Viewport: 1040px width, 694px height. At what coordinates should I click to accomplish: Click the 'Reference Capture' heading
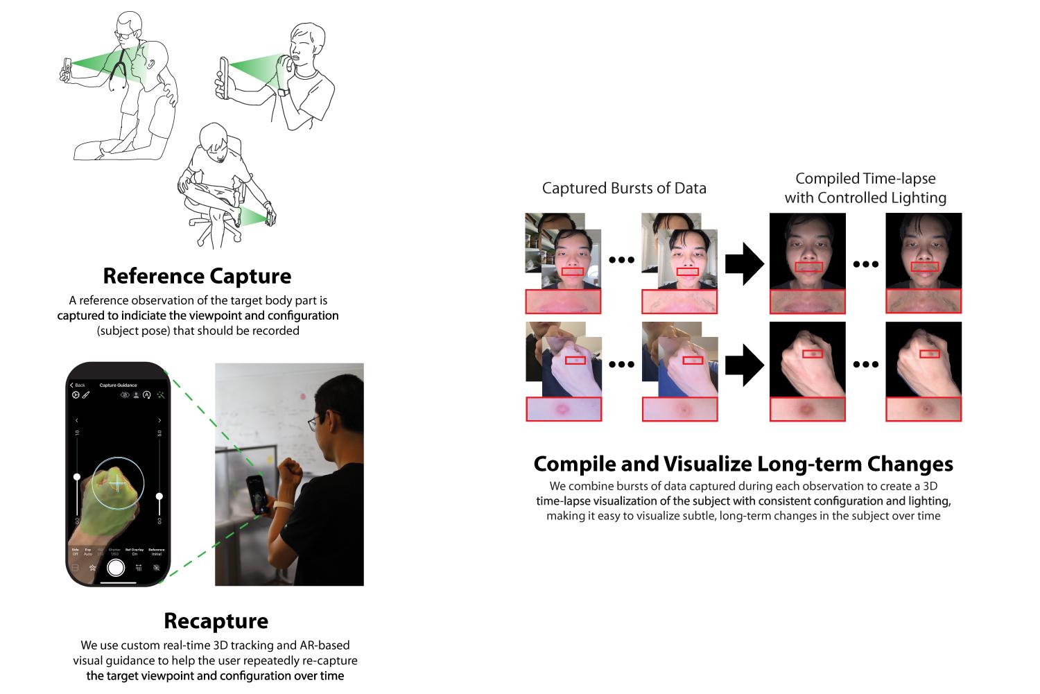(x=197, y=276)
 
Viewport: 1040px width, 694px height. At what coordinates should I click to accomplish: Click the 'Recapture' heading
(x=216, y=621)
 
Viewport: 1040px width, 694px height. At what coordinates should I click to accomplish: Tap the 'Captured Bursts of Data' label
(x=624, y=188)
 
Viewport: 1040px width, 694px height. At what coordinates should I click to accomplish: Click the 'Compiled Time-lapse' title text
(x=865, y=179)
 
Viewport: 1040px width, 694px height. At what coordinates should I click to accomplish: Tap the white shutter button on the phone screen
(x=116, y=568)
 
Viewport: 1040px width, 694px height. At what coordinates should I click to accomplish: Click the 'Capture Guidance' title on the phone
(x=118, y=385)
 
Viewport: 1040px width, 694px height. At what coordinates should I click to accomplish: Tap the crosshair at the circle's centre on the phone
(x=118, y=483)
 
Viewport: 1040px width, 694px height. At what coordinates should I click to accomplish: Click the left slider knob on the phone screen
(x=78, y=476)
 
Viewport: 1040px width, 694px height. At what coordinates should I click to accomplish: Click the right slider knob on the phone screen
(x=159, y=496)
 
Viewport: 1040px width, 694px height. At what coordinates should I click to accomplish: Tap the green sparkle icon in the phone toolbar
(x=161, y=395)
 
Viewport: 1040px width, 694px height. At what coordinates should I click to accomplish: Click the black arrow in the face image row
(x=744, y=263)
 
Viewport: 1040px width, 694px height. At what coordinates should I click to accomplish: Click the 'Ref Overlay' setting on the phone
(x=135, y=552)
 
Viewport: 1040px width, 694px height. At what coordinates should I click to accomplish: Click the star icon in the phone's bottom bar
(x=92, y=568)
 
